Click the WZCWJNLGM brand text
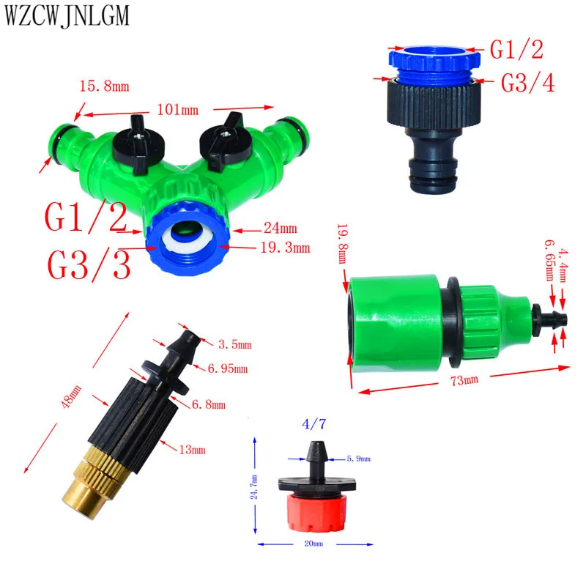coord(67,15)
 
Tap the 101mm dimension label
coord(177,110)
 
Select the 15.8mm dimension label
coord(104,86)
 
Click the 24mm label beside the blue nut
coord(281,228)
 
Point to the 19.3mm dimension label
coord(285,248)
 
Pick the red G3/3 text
coord(89,265)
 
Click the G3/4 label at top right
coord(527,83)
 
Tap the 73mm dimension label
coord(464,380)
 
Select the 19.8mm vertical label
coord(343,244)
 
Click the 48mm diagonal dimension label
coord(71,396)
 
